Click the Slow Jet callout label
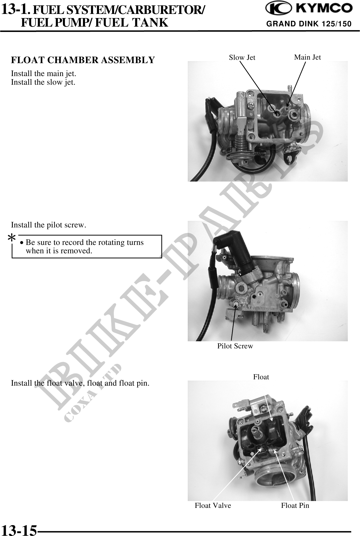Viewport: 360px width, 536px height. tap(242, 58)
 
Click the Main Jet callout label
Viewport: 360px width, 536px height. tap(307, 57)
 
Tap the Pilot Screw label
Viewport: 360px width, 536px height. tap(235, 346)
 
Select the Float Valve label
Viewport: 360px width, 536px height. tap(213, 505)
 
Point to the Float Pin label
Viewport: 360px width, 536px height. tap(295, 505)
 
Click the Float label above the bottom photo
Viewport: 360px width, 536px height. tap(261, 377)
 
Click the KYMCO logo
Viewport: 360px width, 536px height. tap(308, 8)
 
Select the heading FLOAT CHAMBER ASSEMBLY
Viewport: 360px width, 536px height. tap(83, 60)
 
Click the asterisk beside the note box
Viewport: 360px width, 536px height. tap(11, 238)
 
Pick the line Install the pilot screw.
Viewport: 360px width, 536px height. tap(49, 225)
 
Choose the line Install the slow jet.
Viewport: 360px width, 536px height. tap(43, 82)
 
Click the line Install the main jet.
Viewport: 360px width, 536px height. tap(44, 74)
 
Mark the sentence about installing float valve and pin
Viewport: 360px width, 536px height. tap(80, 383)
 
